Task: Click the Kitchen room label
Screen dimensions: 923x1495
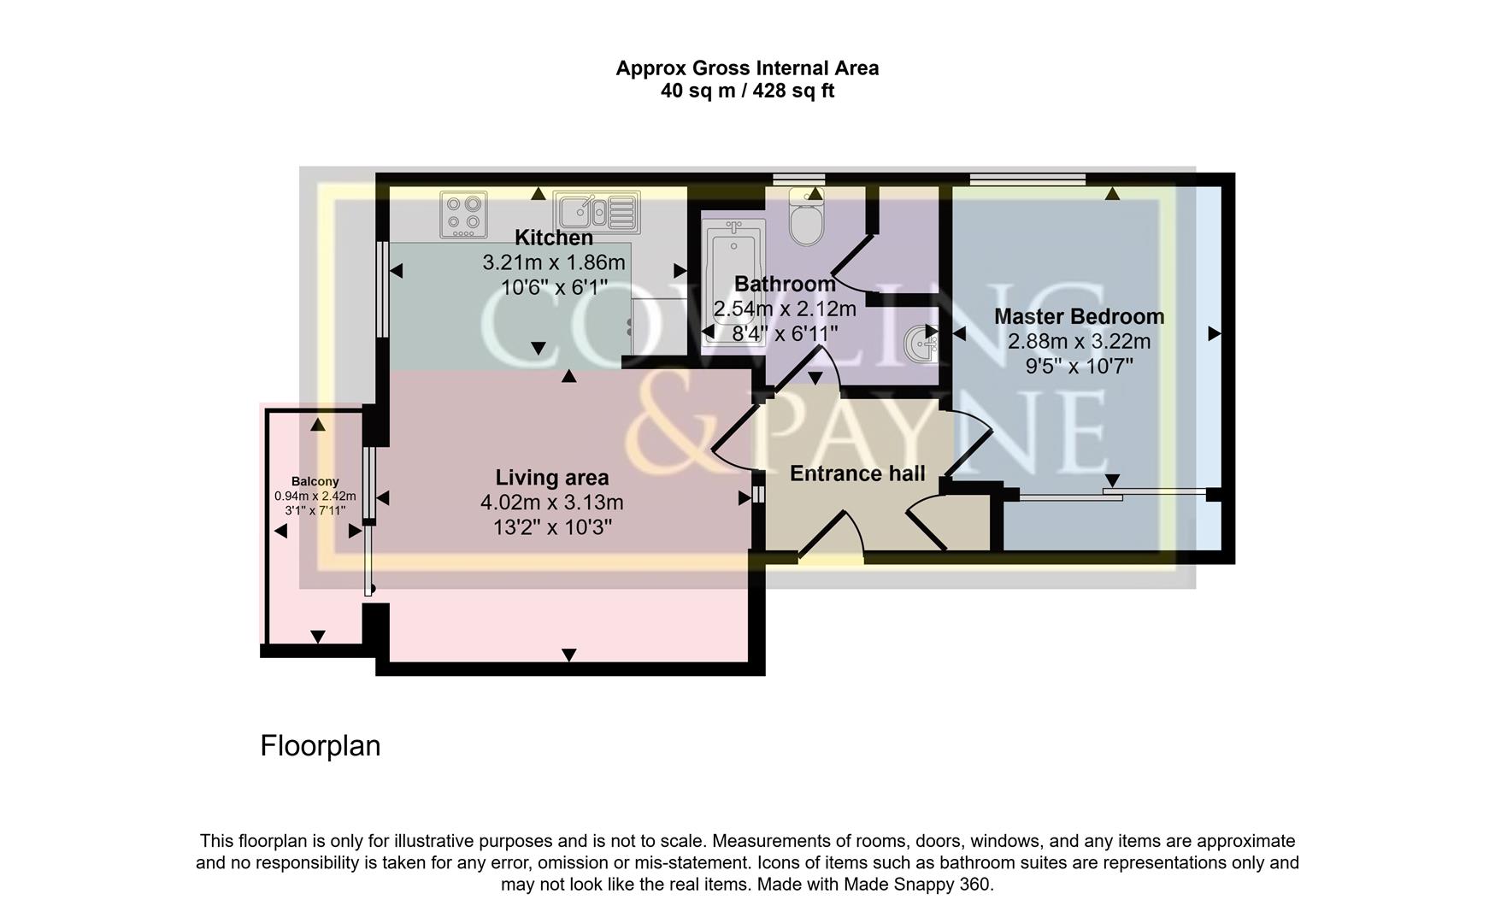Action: tap(553, 238)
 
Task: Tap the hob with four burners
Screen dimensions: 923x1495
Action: tap(463, 215)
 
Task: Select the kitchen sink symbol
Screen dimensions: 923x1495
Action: tap(596, 212)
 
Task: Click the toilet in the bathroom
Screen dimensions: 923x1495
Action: tap(805, 220)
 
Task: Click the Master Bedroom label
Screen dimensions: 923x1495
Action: tap(1079, 316)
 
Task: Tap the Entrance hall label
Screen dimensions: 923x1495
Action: tap(856, 473)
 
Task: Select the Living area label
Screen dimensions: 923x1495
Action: tap(551, 478)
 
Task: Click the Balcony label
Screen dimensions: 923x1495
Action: tap(315, 481)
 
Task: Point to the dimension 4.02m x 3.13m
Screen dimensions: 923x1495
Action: tap(551, 503)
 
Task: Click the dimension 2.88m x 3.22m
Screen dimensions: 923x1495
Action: tap(1079, 342)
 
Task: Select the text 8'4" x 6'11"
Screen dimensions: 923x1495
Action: tap(784, 333)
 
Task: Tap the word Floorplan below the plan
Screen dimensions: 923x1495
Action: tap(320, 746)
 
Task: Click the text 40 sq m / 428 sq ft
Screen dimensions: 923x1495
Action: tap(747, 91)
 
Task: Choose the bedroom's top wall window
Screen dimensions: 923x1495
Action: tap(1027, 179)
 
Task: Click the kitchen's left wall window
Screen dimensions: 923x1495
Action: tap(384, 291)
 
